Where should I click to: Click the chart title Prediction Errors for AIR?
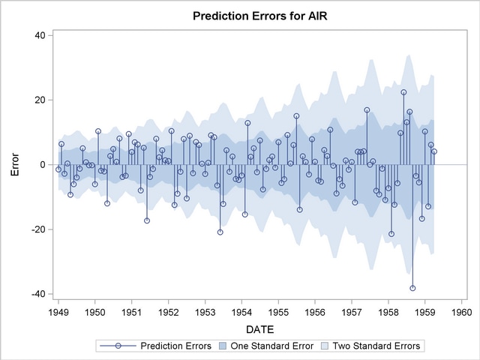[260, 15]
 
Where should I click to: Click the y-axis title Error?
[15, 164]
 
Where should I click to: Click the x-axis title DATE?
[260, 328]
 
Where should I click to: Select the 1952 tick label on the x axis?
[168, 311]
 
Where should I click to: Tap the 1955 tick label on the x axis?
[278, 311]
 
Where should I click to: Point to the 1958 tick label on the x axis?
[388, 311]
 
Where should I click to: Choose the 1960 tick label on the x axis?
[462, 311]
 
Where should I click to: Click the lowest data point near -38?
[412, 288]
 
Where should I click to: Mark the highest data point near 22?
[403, 92]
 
